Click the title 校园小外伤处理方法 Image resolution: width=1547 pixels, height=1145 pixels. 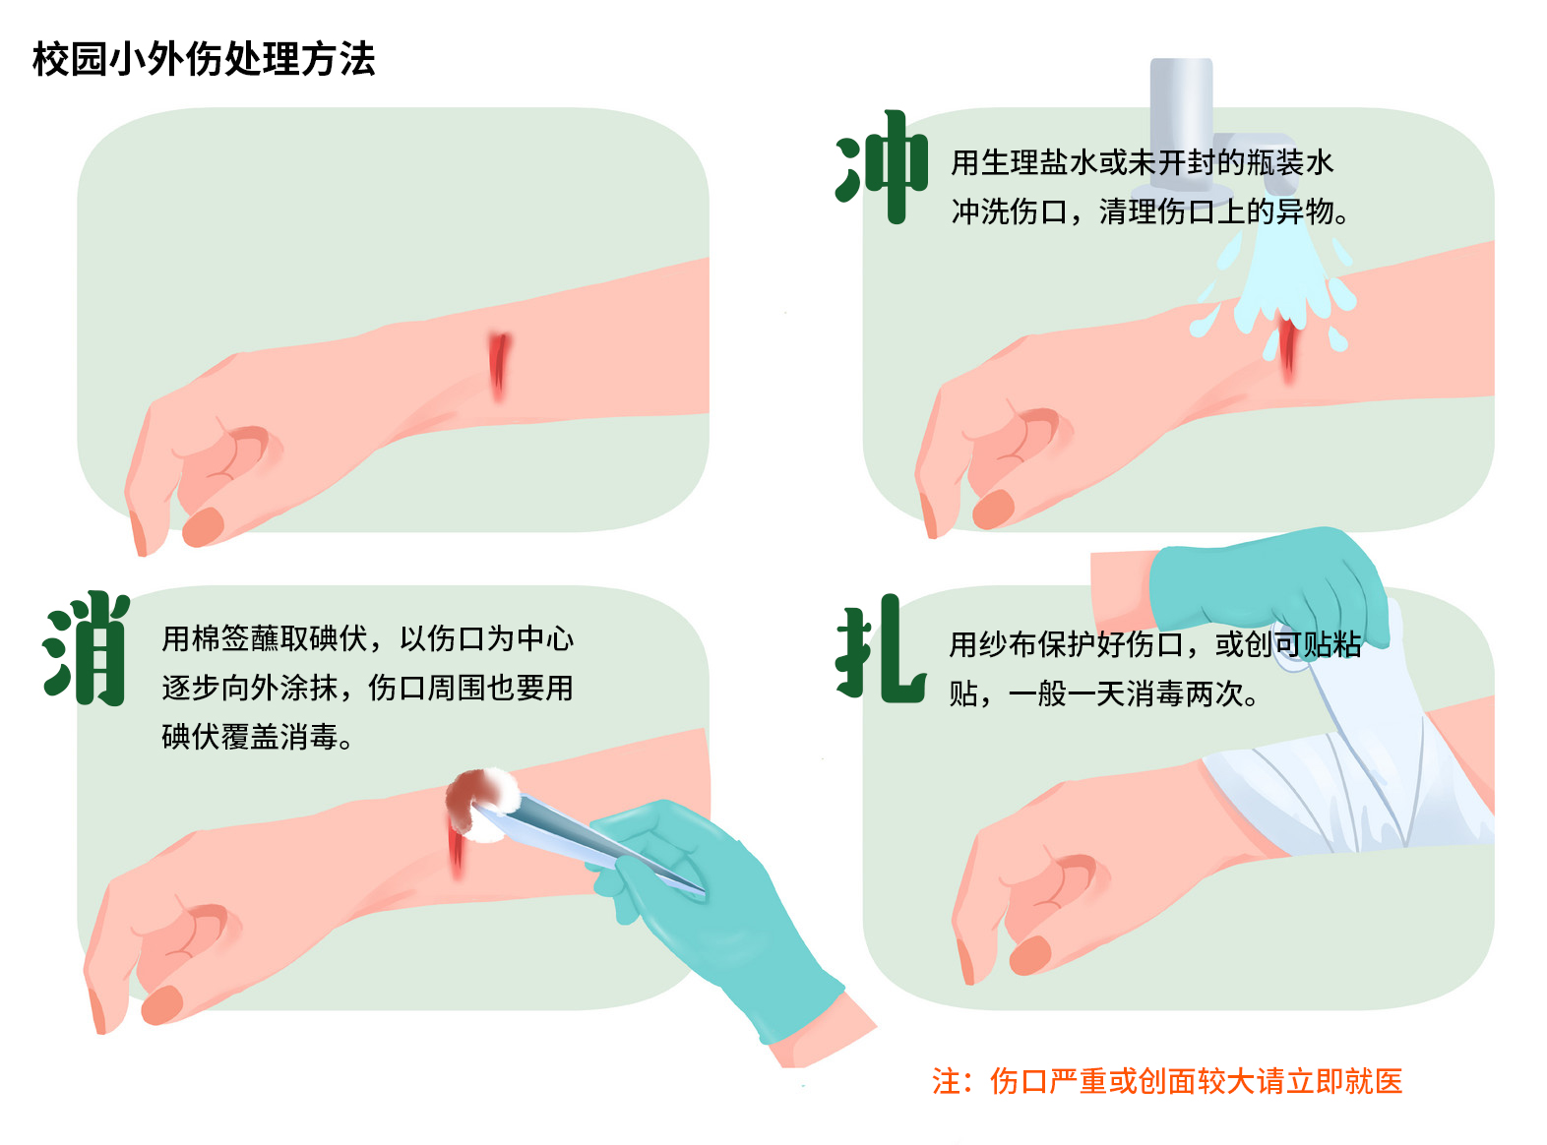pyautogui.click(x=204, y=59)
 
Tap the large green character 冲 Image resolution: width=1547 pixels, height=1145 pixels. pyautogui.click(x=882, y=167)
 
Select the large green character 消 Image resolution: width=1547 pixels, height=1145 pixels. pyautogui.click(x=87, y=648)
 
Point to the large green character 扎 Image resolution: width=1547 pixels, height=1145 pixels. pyautogui.click(x=880, y=648)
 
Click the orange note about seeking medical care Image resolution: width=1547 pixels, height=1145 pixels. pyautogui.click(x=1167, y=1081)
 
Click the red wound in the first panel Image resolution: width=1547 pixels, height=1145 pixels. pyautogui.click(x=499, y=366)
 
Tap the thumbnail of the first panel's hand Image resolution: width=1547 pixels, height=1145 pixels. pyautogui.click(x=203, y=526)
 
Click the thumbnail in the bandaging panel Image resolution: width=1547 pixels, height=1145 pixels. pyautogui.click(x=1030, y=955)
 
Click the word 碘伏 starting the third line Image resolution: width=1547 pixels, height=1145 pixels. pyautogui.click(x=190, y=737)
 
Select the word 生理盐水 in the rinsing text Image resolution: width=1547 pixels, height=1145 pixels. pyautogui.click(x=1039, y=162)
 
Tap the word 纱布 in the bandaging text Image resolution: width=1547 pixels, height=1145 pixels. pyautogui.click(x=1008, y=644)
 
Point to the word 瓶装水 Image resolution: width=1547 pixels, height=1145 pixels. pyautogui.click(x=1289, y=162)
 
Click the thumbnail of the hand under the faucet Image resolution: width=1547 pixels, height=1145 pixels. pyautogui.click(x=993, y=509)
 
